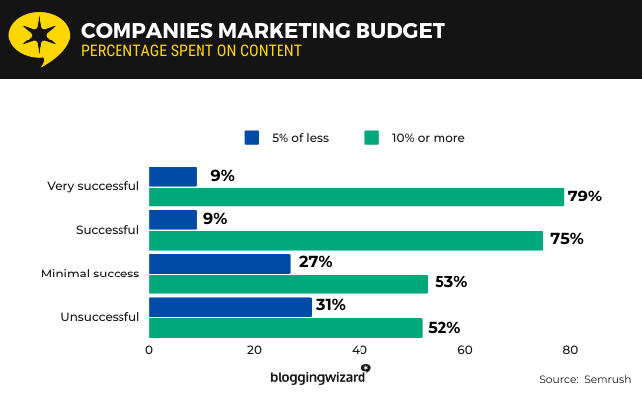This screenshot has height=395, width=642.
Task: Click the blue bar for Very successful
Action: pos(173,176)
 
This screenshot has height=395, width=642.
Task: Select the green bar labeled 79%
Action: pos(357,197)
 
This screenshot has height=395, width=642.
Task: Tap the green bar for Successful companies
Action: pos(346,240)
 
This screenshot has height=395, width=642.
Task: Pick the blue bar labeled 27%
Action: pos(220,263)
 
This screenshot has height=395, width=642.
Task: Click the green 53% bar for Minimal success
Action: pos(288,283)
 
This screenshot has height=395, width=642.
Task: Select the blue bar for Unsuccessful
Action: pos(230,306)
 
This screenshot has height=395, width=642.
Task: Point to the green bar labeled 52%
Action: pos(285,327)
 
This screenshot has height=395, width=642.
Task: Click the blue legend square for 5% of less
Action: pos(252,138)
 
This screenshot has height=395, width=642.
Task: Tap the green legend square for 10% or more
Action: pos(372,138)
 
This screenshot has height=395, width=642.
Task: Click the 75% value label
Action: pos(567,239)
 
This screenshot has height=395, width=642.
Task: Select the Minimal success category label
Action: pos(90,273)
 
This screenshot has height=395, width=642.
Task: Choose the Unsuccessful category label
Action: pos(102,316)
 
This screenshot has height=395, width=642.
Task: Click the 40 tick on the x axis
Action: pos(360,350)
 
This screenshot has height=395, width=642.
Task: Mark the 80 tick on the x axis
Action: pos(570,350)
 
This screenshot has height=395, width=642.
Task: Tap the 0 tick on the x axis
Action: pos(149,350)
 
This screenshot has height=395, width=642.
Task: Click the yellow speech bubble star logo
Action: pos(38,39)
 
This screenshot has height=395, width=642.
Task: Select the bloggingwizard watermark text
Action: pos(317,377)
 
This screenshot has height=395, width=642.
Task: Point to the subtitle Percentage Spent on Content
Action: pos(192,50)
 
